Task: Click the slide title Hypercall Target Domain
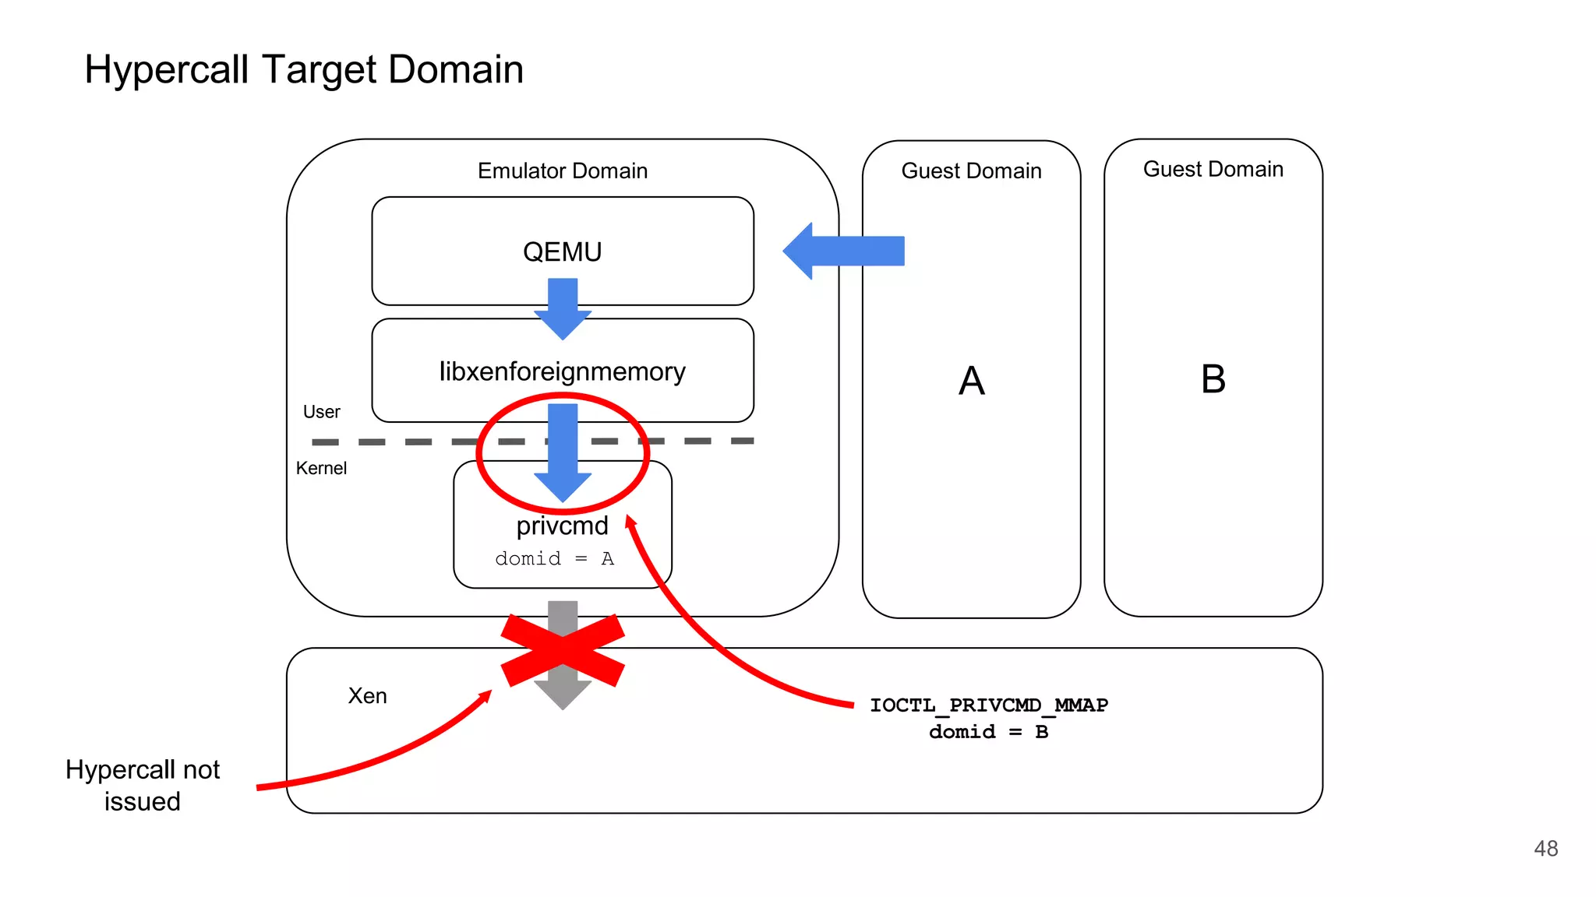303,69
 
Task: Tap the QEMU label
562,252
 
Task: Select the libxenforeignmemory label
562,371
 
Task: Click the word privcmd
562,526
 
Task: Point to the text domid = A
554,558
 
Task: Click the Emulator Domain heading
562,171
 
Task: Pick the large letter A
971,381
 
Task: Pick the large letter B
1213,379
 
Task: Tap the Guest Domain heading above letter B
1213,169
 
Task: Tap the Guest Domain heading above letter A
971,171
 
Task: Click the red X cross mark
562,650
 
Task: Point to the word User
321,411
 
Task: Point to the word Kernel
321,468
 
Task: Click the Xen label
367,695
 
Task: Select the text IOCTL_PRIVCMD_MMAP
988,705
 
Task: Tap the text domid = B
988,732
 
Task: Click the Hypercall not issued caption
143,785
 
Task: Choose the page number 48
1545,848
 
